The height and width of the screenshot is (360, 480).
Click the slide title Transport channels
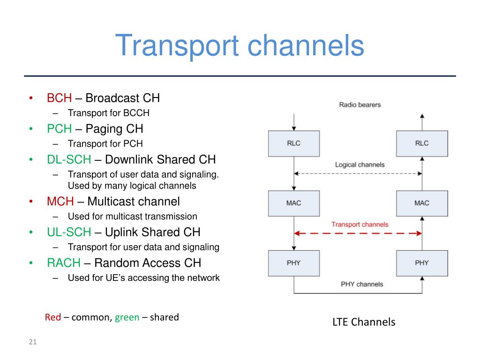[x=240, y=46]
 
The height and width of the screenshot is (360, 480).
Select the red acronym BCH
[x=59, y=98]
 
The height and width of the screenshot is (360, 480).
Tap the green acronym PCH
[x=59, y=128]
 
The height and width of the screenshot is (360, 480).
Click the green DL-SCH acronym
[x=69, y=159]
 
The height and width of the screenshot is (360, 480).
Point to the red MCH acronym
[x=60, y=202]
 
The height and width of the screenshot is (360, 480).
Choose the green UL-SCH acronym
[x=69, y=232]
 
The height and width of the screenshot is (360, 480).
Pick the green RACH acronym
[x=64, y=263]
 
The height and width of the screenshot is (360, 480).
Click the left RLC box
[x=294, y=143]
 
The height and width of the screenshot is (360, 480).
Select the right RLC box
[x=422, y=143]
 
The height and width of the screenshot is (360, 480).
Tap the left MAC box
[x=294, y=203]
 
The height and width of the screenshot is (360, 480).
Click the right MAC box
[x=422, y=203]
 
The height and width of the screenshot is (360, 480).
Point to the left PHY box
[x=294, y=263]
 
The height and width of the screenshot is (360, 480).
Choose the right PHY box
[x=422, y=263]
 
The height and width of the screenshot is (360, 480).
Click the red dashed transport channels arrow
[x=358, y=233]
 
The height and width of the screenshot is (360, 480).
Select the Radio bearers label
[x=360, y=105]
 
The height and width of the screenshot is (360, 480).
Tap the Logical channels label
[x=360, y=165]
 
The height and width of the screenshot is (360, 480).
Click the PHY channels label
[x=362, y=284]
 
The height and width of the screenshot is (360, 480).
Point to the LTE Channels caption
[x=364, y=322]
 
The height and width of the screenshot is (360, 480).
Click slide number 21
[x=33, y=342]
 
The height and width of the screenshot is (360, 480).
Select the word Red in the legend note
[x=53, y=317]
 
